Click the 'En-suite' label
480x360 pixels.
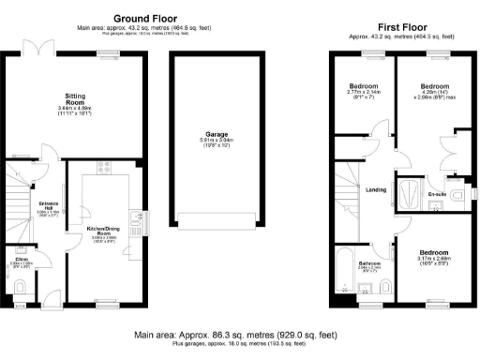point(436,194)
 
